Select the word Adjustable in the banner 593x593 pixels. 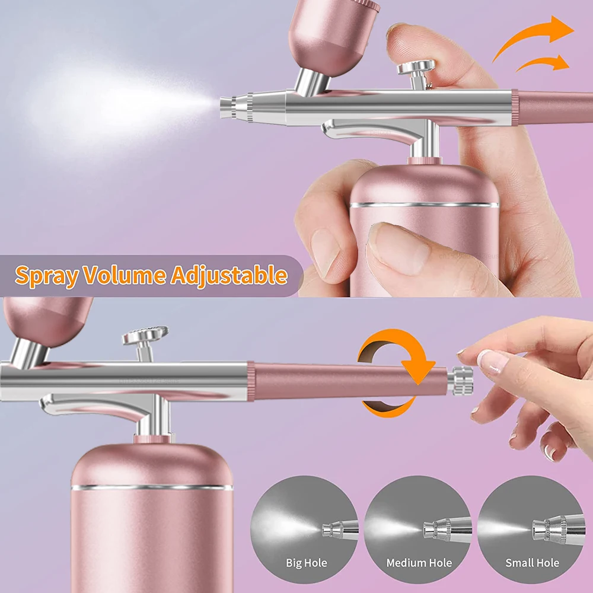(229, 276)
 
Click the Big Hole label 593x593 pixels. (306, 563)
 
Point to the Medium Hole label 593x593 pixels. (419, 563)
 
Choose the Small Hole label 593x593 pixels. (532, 563)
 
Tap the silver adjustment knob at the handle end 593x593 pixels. (460, 380)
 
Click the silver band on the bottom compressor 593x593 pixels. (152, 487)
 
